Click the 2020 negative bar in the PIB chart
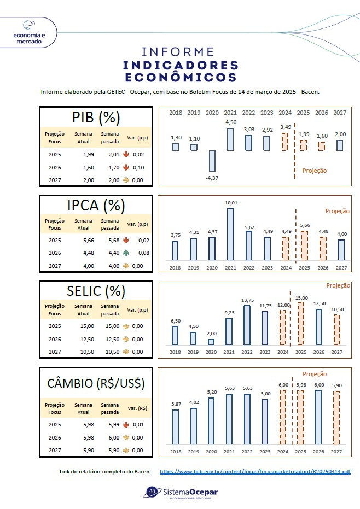[x=212, y=161]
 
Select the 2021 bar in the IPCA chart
[x=230, y=234]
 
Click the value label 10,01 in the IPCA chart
[x=230, y=202]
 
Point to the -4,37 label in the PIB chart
[x=212, y=178]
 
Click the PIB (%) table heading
[x=96, y=117]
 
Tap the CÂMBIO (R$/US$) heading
[x=96, y=383]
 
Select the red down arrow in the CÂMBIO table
[x=126, y=425]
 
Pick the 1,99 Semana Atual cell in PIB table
[x=89, y=155]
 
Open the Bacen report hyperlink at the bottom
[x=255, y=471]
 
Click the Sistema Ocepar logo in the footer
[x=180, y=493]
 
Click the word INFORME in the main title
[x=178, y=52]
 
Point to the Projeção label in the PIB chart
[x=315, y=171]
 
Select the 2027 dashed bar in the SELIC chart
[x=337, y=330]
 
